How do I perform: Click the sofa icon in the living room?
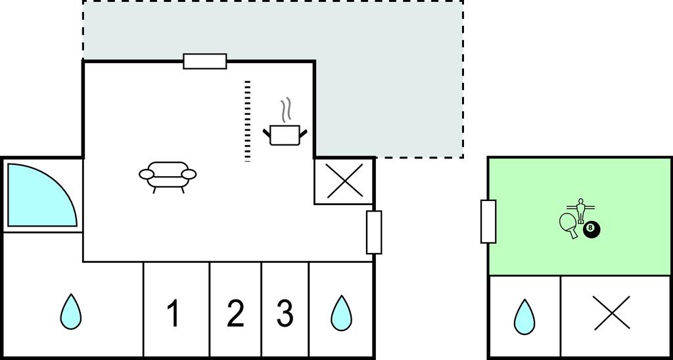168,175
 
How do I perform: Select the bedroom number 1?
174,313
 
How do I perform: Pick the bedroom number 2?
235,313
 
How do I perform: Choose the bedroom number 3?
285,313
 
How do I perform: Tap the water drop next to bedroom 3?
341,312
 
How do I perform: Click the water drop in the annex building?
524,317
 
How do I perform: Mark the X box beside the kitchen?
345,181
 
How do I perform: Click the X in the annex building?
611,313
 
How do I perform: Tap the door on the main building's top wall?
205,61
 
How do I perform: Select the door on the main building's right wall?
374,232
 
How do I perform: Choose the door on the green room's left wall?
488,221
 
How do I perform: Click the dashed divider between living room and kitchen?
248,121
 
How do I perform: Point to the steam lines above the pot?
285,110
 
